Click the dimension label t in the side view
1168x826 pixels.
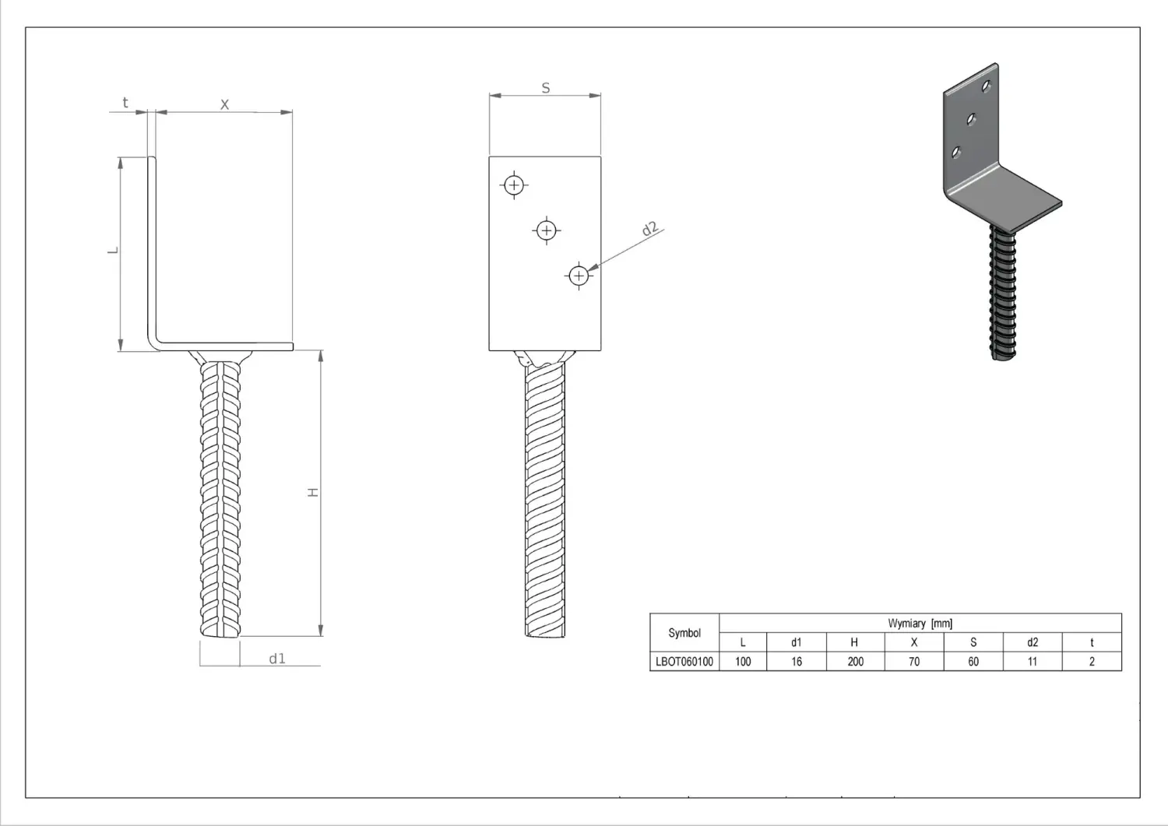point(125,102)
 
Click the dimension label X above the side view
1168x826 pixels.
point(225,104)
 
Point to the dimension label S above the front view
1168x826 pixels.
point(545,88)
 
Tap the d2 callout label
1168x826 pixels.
point(649,228)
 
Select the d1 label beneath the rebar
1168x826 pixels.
point(277,659)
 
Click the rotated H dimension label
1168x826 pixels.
point(313,492)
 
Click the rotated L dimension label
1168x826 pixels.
point(113,251)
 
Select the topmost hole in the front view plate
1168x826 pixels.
point(514,185)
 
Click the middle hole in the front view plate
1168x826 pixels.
point(547,230)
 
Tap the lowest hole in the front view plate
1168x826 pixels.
point(579,276)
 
